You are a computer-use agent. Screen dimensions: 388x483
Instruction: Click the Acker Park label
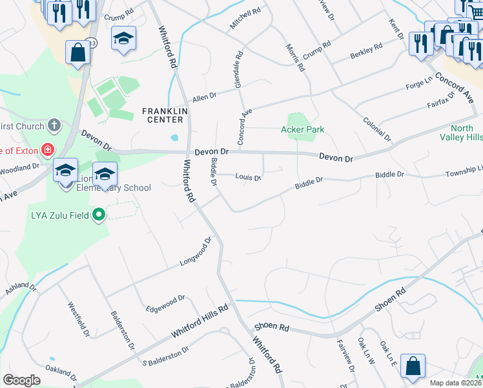pos(302,129)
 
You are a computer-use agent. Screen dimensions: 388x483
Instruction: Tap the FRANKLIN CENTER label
pos(165,115)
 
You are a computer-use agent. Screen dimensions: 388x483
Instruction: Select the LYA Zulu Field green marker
pos(98,214)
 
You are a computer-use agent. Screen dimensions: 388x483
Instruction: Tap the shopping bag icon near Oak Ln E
pos(413,366)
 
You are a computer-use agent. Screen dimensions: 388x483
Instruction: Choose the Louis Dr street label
pos(248,177)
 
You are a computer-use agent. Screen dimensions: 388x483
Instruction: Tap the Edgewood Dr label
pos(165,302)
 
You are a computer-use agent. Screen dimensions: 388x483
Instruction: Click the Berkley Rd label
pos(366,51)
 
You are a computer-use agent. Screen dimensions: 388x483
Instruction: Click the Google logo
pos(22,380)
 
